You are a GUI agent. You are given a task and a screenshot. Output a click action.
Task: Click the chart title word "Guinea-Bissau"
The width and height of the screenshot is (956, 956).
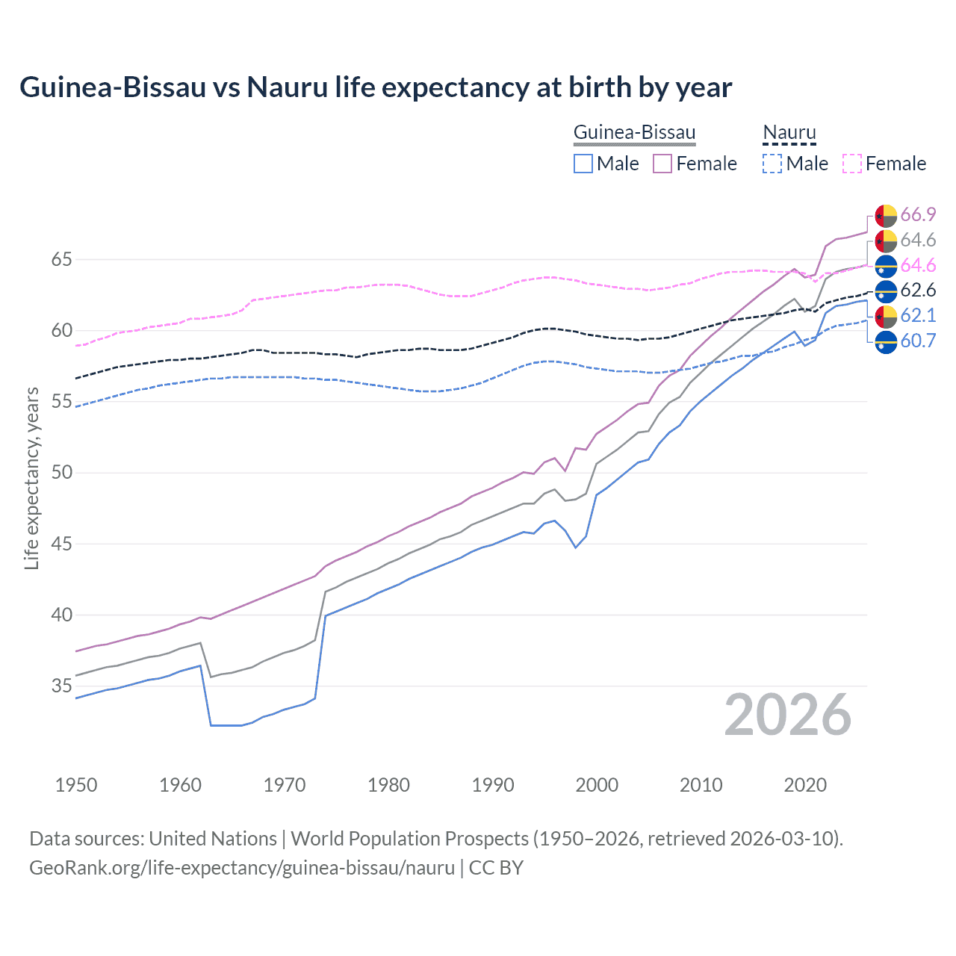(x=112, y=87)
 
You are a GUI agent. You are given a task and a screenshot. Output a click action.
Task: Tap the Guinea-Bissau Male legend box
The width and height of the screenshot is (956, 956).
(x=583, y=164)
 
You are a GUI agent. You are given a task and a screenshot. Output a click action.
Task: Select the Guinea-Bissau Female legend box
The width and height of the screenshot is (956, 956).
(x=662, y=164)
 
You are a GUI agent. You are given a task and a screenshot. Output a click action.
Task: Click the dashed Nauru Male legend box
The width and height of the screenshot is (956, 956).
(x=772, y=164)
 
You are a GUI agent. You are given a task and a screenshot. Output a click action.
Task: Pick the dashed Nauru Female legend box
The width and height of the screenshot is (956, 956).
(x=852, y=164)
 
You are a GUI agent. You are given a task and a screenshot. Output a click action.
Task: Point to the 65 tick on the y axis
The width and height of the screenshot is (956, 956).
(x=61, y=260)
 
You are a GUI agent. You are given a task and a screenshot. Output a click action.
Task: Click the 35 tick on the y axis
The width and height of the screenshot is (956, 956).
(x=61, y=686)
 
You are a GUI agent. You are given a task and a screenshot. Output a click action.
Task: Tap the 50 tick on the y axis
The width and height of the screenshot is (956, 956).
(x=61, y=473)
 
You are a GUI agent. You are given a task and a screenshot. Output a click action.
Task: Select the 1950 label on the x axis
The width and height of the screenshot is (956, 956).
(x=76, y=785)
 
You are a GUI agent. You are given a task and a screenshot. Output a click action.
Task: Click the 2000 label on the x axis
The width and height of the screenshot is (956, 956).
(x=597, y=785)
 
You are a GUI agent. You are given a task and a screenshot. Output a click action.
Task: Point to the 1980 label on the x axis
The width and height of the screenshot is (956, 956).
(x=388, y=785)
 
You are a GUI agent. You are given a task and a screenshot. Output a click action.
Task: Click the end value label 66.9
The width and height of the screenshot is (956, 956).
(x=918, y=215)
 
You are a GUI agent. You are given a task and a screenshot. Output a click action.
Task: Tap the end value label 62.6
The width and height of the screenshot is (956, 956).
(x=918, y=291)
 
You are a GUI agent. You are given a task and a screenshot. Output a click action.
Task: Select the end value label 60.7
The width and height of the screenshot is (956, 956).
(x=918, y=341)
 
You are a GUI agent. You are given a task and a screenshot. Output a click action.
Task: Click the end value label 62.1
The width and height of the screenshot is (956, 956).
(x=918, y=316)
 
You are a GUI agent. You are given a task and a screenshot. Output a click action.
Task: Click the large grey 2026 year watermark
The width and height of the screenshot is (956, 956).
(x=788, y=715)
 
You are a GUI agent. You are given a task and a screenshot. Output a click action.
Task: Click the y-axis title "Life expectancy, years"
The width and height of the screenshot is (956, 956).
(x=32, y=478)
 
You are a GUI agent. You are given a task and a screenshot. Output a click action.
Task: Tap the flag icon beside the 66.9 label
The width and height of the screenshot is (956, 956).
(x=886, y=216)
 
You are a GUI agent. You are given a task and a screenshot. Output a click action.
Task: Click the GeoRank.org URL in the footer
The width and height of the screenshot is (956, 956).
(x=242, y=868)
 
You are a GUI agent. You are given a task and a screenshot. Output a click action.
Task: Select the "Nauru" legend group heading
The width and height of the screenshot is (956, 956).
(x=789, y=133)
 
